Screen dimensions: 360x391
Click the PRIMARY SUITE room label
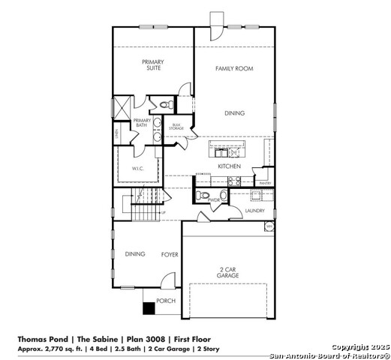click(x=154, y=64)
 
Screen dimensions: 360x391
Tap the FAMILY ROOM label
click(x=234, y=68)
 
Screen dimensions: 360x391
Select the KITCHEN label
click(x=229, y=166)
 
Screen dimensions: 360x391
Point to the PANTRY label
click(x=264, y=183)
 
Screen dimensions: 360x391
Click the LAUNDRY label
click(x=254, y=211)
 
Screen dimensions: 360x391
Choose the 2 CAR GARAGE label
click(x=228, y=272)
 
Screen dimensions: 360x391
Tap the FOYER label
click(x=170, y=255)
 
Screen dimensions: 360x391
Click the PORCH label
click(x=165, y=301)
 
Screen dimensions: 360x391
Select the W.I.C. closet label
click(x=138, y=169)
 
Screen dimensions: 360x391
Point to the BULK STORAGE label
click(x=176, y=127)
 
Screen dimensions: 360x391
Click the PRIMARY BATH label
click(x=142, y=123)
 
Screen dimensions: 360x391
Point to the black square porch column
click(x=149, y=307)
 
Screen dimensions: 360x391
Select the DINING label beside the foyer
click(x=135, y=254)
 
